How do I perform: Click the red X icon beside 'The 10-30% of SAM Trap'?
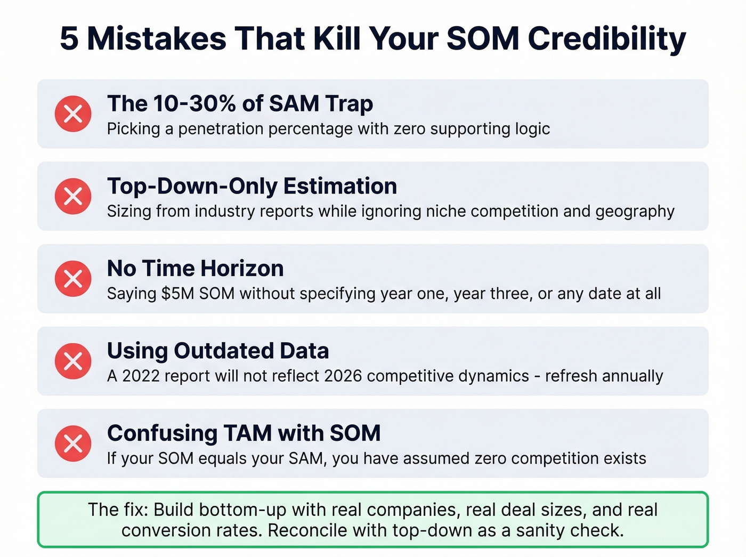[x=73, y=114]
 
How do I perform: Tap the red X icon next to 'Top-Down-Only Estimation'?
[x=73, y=196]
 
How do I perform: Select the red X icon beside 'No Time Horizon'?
[x=73, y=278]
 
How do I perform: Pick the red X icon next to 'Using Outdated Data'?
[x=73, y=361]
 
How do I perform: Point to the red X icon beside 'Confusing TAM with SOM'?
[x=73, y=443]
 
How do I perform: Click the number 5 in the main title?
[x=69, y=39]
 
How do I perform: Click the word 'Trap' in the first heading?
[x=349, y=103]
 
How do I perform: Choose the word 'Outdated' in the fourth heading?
[x=224, y=351]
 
